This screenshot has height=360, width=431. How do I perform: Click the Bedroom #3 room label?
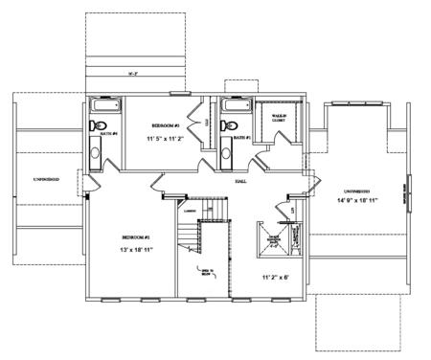(x=163, y=125)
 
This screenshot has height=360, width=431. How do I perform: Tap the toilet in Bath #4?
(x=98, y=125)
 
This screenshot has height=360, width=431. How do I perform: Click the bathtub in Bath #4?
(x=102, y=106)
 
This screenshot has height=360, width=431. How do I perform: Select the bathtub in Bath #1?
(x=235, y=105)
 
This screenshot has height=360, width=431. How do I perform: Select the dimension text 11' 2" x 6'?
(x=276, y=277)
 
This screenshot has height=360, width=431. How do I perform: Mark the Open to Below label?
(x=205, y=270)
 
